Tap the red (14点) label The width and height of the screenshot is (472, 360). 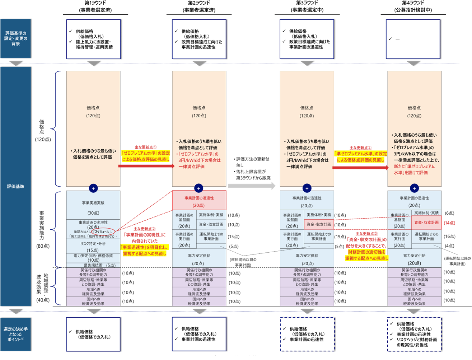click(449, 223)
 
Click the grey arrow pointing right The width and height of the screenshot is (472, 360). click(252, 186)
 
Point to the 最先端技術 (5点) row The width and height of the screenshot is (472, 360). click(93, 265)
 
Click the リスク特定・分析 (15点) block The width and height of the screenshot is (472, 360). click(93, 247)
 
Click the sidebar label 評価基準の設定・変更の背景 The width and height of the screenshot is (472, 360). click(15, 38)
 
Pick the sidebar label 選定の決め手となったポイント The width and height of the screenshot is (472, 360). click(15, 334)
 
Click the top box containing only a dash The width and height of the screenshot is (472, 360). click(413, 39)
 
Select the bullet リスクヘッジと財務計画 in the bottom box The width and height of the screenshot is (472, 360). click(416, 340)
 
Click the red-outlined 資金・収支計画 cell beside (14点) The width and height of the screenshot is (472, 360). click(426, 223)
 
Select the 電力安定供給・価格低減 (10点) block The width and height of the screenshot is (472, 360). click(93, 258)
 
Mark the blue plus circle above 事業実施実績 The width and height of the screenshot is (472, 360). click(93, 188)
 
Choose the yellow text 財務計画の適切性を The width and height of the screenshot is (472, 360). click(366, 252)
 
